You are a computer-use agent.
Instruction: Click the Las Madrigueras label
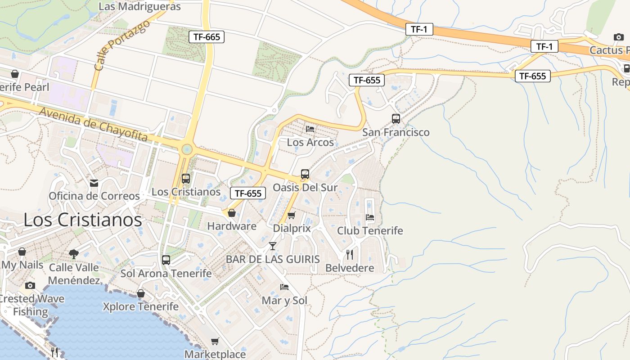click(139, 7)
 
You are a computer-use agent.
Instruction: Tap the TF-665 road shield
click(207, 37)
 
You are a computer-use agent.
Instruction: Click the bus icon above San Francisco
click(396, 119)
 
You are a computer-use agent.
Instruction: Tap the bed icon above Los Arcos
click(310, 129)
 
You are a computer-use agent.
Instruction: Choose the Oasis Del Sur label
click(305, 188)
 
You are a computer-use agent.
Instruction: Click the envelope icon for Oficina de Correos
click(94, 183)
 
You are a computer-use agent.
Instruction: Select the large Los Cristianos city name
click(83, 220)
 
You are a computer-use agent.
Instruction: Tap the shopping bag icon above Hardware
click(232, 213)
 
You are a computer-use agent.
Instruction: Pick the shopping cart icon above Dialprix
click(291, 216)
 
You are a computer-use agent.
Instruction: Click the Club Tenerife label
click(370, 231)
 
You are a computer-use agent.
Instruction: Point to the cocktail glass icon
click(273, 246)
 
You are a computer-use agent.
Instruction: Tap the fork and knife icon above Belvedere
click(350, 255)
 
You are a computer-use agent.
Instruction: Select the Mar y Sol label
click(284, 300)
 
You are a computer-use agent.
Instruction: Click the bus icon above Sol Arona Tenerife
click(166, 260)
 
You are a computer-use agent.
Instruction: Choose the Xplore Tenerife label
click(141, 307)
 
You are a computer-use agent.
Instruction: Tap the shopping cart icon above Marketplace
click(215, 341)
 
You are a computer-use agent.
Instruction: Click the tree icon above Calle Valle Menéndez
click(74, 254)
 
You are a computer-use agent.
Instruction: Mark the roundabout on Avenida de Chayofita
click(187, 149)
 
